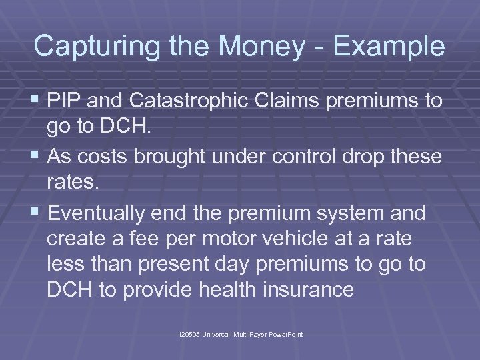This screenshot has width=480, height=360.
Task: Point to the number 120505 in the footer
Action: (189, 333)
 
